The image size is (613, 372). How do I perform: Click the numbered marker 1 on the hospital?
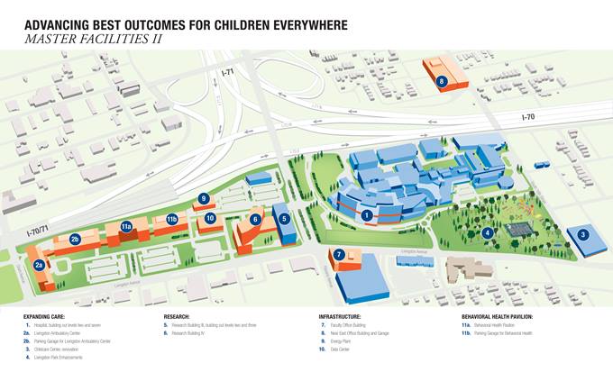[x=367, y=215]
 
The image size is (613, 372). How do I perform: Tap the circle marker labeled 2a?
[x=39, y=265]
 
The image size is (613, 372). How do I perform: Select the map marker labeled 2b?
[x=76, y=239]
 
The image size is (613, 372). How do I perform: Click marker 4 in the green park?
[x=488, y=232]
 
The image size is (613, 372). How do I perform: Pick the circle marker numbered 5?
[x=284, y=218]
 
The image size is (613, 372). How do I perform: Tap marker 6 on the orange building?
[x=255, y=219]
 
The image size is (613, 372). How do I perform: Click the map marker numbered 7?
[x=339, y=255]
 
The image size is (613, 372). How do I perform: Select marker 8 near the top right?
[x=442, y=81]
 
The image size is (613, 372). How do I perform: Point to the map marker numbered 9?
[x=204, y=198]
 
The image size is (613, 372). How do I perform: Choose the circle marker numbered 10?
[x=210, y=217]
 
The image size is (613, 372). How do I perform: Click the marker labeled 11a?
[x=127, y=226]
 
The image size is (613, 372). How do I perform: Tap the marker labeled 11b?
[x=172, y=219]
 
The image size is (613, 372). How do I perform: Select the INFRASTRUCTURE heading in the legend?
[x=340, y=317]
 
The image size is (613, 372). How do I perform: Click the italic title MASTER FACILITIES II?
[x=96, y=39]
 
